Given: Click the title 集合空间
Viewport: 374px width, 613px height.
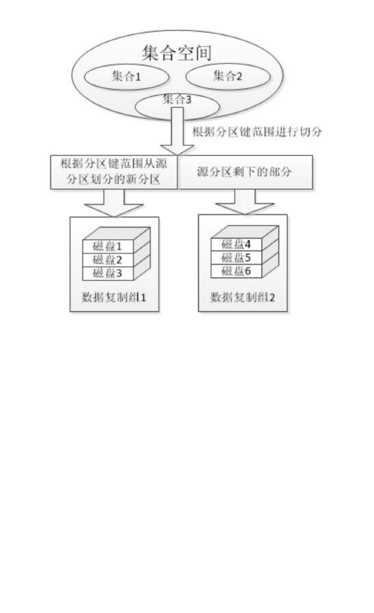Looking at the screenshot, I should click(176, 54).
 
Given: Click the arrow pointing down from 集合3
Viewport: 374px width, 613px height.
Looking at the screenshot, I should click(177, 135).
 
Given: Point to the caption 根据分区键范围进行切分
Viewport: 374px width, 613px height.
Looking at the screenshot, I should click(257, 133).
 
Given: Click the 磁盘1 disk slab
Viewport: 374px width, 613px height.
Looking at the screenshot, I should click(108, 246).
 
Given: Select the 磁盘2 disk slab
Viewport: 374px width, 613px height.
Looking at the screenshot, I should click(108, 260).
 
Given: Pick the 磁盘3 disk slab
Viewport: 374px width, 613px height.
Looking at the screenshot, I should click(108, 273).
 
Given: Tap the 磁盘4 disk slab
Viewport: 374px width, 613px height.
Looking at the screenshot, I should click(237, 244).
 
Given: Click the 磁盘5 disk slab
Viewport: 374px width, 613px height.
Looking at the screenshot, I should click(237, 257).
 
